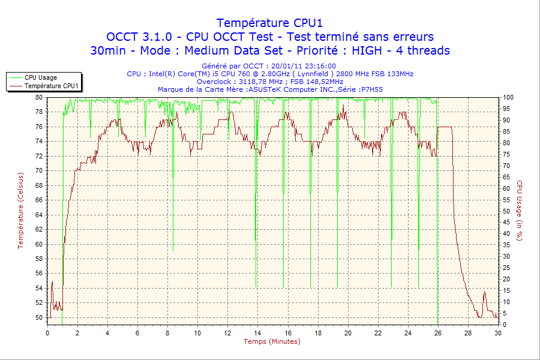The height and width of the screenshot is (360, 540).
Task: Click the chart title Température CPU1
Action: [269, 23]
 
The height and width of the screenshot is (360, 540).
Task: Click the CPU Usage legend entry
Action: [40, 77]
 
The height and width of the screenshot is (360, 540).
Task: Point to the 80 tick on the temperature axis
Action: [38, 97]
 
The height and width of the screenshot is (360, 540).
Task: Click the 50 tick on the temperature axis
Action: [38, 317]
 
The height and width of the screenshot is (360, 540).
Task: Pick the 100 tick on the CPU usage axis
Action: [508, 97]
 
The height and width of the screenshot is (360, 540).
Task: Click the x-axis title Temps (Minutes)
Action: [271, 341]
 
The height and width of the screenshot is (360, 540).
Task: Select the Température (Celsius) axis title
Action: [20, 210]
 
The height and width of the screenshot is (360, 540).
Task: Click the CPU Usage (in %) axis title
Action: [520, 210]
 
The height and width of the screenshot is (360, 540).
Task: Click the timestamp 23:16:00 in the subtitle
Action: [320, 66]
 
